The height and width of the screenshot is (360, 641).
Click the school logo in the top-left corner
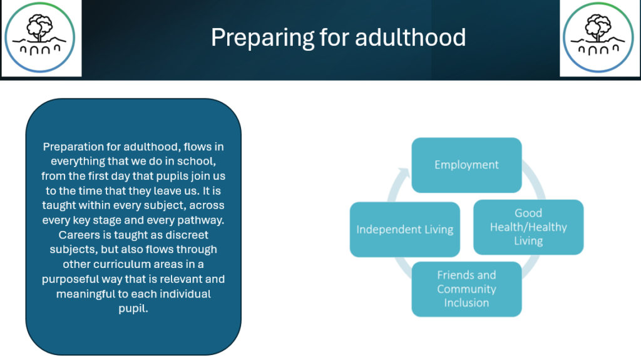(39, 38)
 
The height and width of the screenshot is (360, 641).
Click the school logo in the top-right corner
(598, 38)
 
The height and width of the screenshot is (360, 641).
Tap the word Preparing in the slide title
(262, 38)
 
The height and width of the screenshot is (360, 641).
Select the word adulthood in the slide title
(410, 37)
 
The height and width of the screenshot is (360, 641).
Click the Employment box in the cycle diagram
(466, 165)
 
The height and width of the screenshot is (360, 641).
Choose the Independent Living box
(405, 230)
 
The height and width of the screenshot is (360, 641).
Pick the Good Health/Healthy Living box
(528, 227)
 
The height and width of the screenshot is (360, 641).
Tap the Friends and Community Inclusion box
(466, 289)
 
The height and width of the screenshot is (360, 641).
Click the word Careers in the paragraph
(74, 235)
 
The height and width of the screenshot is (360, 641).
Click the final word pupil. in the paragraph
(133, 309)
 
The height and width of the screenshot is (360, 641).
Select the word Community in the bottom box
(466, 289)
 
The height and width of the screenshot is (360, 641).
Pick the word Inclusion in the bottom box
(466, 303)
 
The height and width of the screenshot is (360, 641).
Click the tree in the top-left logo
(39, 27)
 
